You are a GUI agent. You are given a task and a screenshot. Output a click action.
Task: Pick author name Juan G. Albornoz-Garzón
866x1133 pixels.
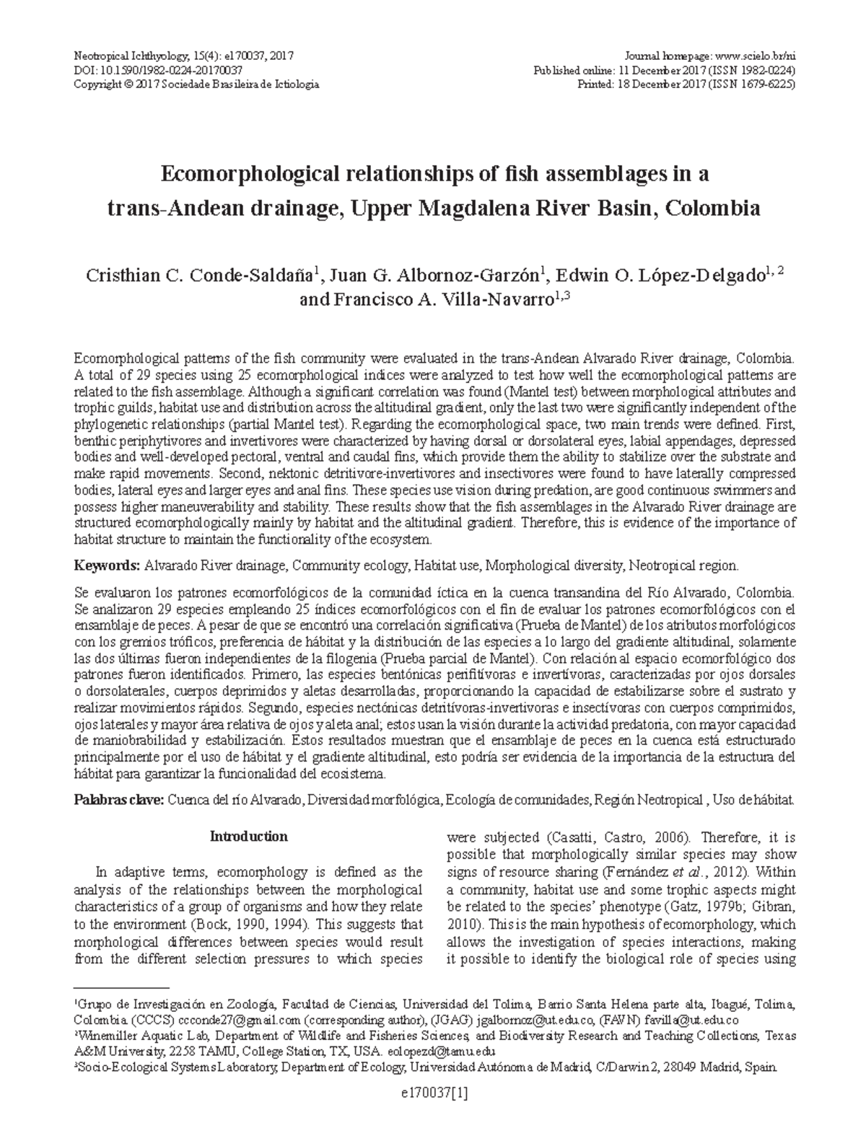(435, 276)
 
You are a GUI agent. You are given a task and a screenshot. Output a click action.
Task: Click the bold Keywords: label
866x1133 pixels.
(107, 566)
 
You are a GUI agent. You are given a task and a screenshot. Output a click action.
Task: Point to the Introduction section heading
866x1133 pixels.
(248, 837)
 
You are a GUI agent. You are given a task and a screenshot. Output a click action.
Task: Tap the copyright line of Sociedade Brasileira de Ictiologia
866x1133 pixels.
(196, 84)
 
